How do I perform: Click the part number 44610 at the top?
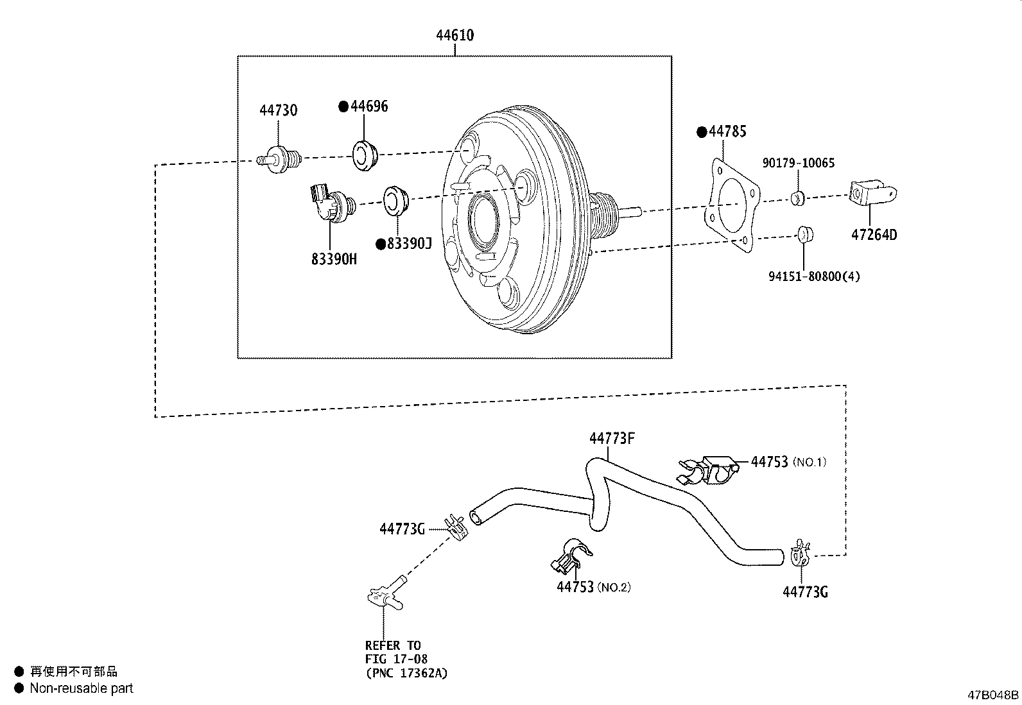pyautogui.click(x=455, y=35)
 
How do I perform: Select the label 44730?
pyautogui.click(x=278, y=110)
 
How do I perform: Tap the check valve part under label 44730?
pyautogui.click(x=281, y=158)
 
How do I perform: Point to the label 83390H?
pyautogui.click(x=333, y=259)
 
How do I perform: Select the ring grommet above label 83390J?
pyautogui.click(x=395, y=200)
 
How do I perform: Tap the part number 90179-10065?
pyautogui.click(x=798, y=163)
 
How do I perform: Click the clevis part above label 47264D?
pyautogui.click(x=871, y=192)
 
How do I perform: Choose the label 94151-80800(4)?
pyautogui.click(x=813, y=276)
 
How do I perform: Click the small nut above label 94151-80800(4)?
pyautogui.click(x=805, y=234)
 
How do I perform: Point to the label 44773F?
pyautogui.click(x=612, y=438)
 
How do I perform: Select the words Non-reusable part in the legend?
pyautogui.click(x=82, y=688)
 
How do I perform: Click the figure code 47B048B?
pyautogui.click(x=993, y=695)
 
